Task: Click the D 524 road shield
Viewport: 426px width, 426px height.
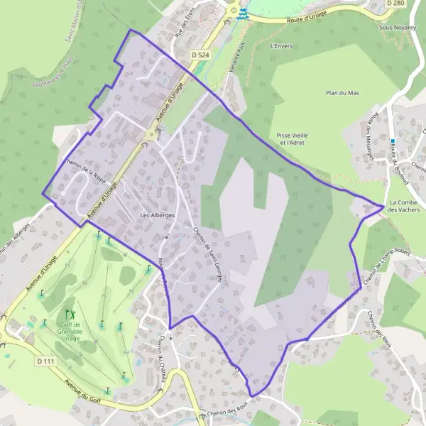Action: click(201, 55)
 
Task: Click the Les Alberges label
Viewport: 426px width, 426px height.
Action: click(158, 215)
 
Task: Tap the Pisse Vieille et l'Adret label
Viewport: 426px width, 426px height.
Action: click(293, 138)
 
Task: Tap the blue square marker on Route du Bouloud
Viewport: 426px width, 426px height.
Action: click(393, 141)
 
